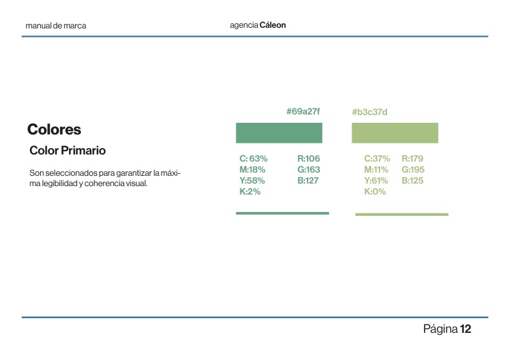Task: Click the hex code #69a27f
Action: (x=302, y=112)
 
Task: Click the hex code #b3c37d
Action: (x=369, y=112)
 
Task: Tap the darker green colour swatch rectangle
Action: (x=279, y=132)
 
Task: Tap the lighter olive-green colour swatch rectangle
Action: (x=394, y=132)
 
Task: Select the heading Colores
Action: (x=54, y=129)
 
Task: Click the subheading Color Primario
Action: (x=68, y=151)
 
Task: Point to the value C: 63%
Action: (x=253, y=158)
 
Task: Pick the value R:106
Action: (x=308, y=158)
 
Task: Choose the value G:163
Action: (x=308, y=169)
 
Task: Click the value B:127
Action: (x=308, y=180)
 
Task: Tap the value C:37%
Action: (x=377, y=158)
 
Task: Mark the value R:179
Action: (x=412, y=158)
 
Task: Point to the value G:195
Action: (x=412, y=169)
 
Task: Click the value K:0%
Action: (x=375, y=192)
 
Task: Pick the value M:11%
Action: (x=376, y=169)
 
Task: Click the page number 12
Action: (x=465, y=330)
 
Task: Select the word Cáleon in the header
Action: (x=272, y=25)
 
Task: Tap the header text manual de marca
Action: (x=56, y=26)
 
